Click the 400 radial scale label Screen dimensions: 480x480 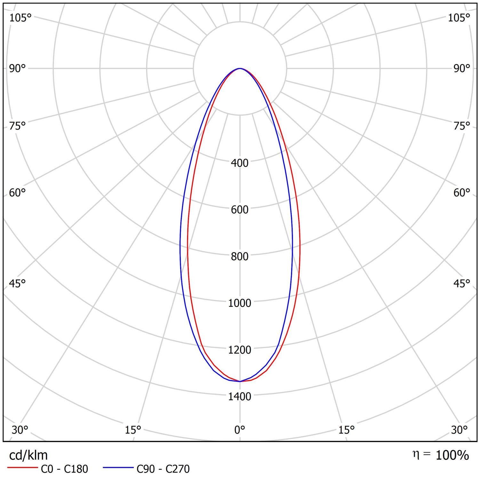coord(239,163)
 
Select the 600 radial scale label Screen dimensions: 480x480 coord(239,210)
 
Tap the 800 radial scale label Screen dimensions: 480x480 coord(239,256)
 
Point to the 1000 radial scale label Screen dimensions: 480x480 coord(239,303)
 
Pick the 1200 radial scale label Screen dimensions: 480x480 coord(239,350)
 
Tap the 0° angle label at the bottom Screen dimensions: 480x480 coord(239,430)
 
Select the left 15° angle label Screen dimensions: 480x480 coord(133,430)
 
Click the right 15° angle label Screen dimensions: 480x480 coord(347,430)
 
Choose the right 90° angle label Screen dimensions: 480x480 coord(461,68)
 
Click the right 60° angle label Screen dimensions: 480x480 coord(461,193)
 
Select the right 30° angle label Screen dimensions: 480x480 coord(459,430)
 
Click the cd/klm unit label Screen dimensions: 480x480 coord(28,455)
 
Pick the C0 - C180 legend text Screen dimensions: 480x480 coord(64,469)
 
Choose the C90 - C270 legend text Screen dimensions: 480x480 coord(163,469)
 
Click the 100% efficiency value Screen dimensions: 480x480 coord(452,455)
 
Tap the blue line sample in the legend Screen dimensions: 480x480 coord(118,468)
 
